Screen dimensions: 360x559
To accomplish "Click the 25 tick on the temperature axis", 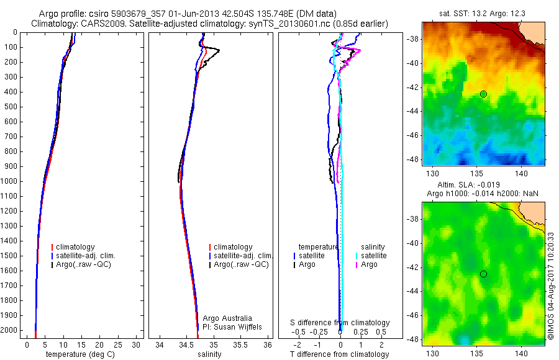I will (x=119, y=344).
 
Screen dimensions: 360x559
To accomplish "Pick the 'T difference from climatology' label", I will (x=339, y=354).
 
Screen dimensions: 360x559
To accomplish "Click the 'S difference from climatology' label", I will (x=340, y=323).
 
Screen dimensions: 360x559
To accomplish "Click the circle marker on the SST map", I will (x=483, y=94).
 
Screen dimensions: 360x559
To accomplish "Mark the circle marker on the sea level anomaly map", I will (x=483, y=274).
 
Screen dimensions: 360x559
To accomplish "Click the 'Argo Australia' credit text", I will (x=227, y=318).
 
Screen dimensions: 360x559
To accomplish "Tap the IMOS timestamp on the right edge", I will (x=550, y=282).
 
